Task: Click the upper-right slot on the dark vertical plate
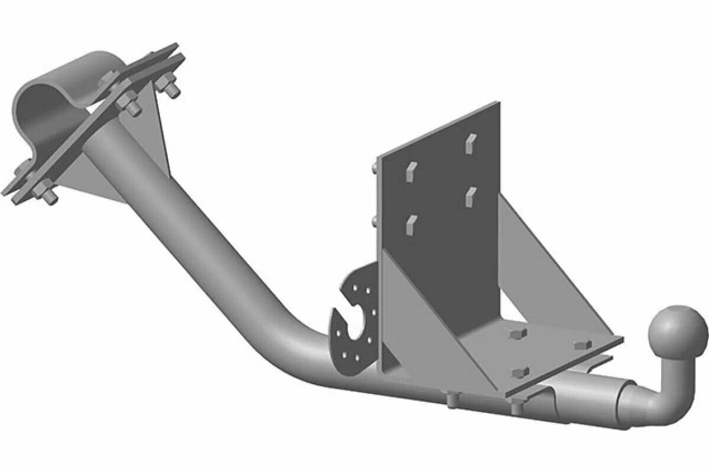pyautogui.click(x=470, y=143)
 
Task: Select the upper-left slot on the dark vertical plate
pyautogui.click(x=411, y=171)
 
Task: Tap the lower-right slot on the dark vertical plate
pyautogui.click(x=470, y=196)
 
